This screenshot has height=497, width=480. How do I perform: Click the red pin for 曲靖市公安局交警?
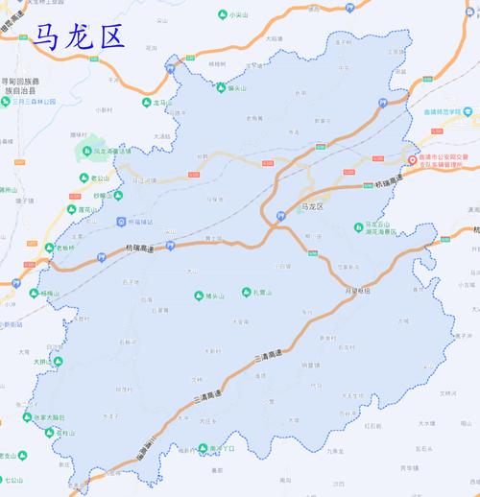412,160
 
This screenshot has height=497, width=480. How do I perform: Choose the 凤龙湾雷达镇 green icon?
84,152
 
